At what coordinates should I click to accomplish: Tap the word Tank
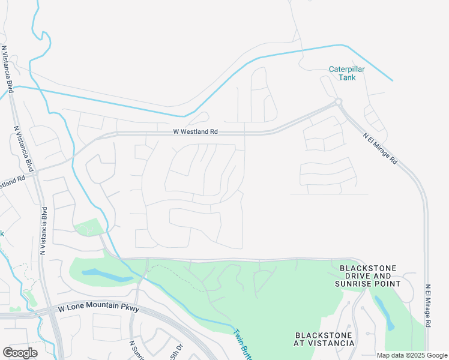click(x=347, y=77)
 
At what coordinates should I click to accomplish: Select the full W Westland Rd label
click(x=195, y=131)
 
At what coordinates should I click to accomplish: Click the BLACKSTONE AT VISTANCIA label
click(x=325, y=338)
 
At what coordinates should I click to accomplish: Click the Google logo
click(x=20, y=352)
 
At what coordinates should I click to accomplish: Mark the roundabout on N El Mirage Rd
click(x=339, y=103)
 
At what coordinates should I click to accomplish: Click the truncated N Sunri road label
click(x=137, y=350)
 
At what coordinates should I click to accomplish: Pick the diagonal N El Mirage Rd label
click(x=380, y=148)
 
